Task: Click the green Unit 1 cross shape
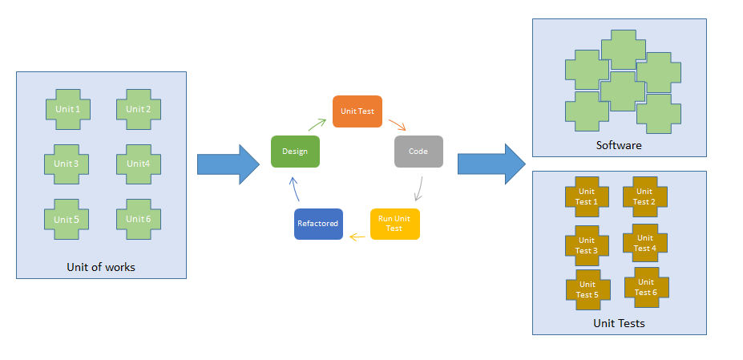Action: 67,109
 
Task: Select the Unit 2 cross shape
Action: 139,109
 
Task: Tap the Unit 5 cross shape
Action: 67,219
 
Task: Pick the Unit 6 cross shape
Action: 139,219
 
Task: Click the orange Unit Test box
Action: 357,111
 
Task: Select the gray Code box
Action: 418,151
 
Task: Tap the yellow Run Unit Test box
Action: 394,224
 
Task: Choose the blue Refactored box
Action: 318,224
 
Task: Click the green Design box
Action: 295,151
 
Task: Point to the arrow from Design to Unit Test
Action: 316,124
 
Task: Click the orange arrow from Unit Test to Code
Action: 398,125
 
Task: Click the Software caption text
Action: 619,145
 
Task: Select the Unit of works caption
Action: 101,267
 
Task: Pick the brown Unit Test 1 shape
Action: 587,197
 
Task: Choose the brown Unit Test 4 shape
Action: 644,244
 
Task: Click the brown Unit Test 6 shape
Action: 646,287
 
